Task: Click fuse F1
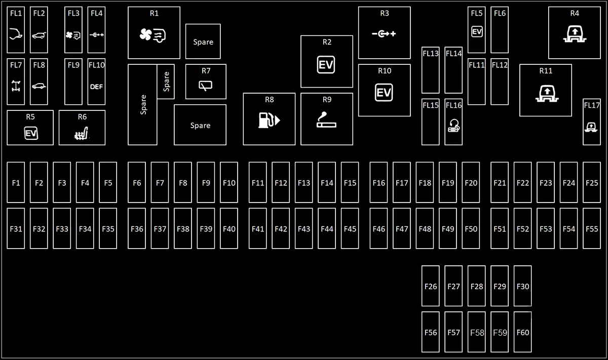16,182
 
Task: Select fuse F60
522,332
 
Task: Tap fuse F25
592,182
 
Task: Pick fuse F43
303,228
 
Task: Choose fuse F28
477,286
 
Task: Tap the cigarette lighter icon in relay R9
326,119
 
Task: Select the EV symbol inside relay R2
326,65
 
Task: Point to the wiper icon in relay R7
206,86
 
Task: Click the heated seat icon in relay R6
82,133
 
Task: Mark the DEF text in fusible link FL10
96,87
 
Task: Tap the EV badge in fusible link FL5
477,32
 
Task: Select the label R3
385,13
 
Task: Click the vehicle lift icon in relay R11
547,94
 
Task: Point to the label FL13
431,54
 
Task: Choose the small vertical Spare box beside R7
166,82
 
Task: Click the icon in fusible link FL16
453,126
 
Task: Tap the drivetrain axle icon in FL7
16,86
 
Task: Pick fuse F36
137,228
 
